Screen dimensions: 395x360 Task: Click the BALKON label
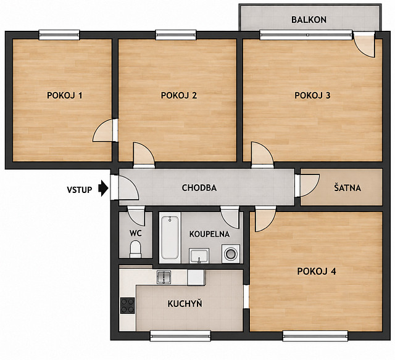[309, 20]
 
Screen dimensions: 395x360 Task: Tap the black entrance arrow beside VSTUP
[103, 188]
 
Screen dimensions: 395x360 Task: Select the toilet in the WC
[136, 249]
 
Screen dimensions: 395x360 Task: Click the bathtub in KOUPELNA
[170, 238]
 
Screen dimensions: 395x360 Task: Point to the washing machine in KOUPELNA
[231, 253]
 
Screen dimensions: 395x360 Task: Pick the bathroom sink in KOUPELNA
[199, 256]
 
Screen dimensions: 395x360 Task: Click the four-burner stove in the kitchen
[128, 305]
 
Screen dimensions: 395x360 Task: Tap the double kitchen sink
[164, 277]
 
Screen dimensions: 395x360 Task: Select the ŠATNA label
[347, 187]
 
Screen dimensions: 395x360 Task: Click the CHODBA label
[199, 187]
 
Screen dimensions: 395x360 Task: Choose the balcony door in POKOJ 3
[364, 45]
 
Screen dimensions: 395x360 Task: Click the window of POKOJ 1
[59, 35]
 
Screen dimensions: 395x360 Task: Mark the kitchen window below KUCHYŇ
[180, 335]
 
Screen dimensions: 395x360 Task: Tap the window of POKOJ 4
[315, 335]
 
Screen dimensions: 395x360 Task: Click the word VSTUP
[80, 190]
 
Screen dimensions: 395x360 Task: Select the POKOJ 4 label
[317, 271]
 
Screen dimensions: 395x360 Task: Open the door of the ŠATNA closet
[307, 185]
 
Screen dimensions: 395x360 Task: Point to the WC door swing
[136, 216]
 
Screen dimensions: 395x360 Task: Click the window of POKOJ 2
[175, 35]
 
